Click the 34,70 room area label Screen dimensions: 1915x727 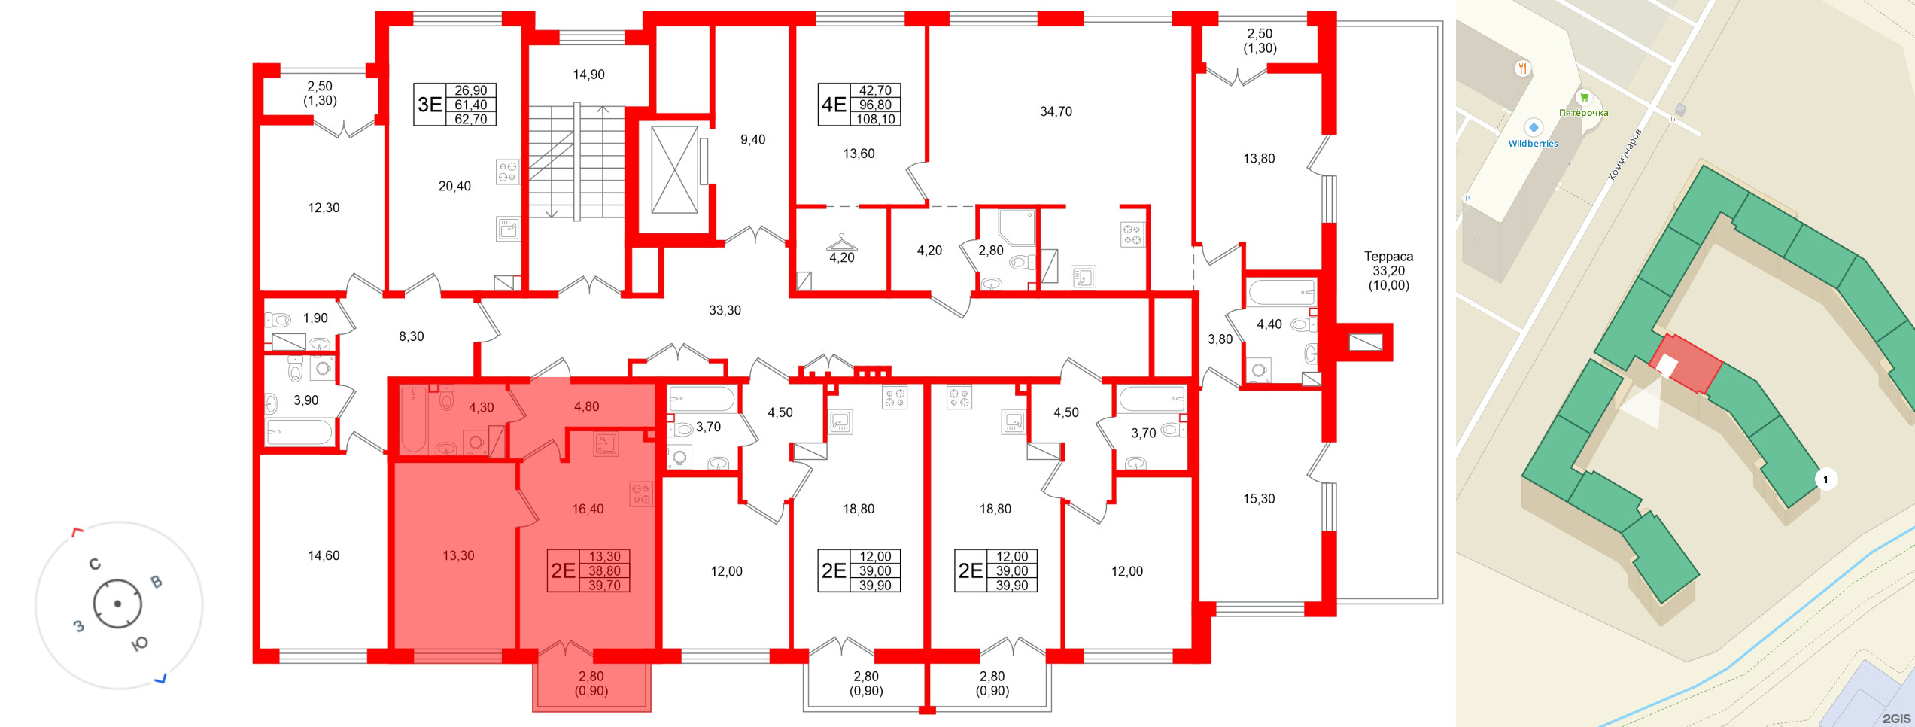[x=1056, y=111]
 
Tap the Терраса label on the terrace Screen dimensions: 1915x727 [x=1388, y=257]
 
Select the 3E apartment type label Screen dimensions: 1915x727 [x=430, y=105]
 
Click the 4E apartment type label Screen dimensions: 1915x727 [x=834, y=105]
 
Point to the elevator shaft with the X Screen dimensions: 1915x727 [x=674, y=170]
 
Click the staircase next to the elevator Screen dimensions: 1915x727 [x=576, y=162]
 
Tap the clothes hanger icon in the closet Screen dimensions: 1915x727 [x=842, y=242]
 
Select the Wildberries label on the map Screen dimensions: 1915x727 [x=1533, y=144]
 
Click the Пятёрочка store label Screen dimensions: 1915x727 [x=1583, y=113]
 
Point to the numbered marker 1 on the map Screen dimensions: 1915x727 [x=1825, y=479]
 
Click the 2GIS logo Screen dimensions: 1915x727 [x=1897, y=719]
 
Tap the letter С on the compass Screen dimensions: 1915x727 [x=95, y=564]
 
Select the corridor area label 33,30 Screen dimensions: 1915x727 [x=725, y=310]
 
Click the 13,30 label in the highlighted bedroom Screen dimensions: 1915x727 [x=458, y=556]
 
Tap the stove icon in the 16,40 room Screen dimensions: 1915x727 [x=641, y=494]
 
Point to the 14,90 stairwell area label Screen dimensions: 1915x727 [x=588, y=75]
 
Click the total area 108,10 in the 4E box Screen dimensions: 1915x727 [x=876, y=119]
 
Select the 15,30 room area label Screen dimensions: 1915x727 [x=1259, y=499]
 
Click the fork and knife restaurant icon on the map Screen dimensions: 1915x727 [x=1523, y=68]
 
